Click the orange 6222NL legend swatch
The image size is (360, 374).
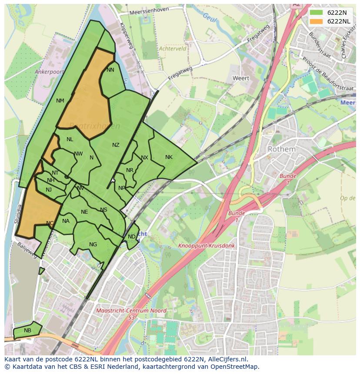pyautogui.click(x=316, y=21)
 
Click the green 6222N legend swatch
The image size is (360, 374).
pyautogui.click(x=316, y=13)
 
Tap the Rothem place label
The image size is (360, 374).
pyautogui.click(x=281, y=149)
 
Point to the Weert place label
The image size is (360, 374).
pyautogui.click(x=241, y=79)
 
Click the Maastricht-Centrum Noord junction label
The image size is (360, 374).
pyautogui.click(x=130, y=314)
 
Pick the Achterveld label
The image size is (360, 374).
pyautogui.click(x=173, y=49)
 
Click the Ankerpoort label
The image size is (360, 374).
pyautogui.click(x=49, y=72)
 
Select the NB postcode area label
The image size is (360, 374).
pyautogui.click(x=27, y=331)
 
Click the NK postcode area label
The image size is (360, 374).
pyautogui.click(x=169, y=157)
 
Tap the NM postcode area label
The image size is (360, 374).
pyautogui.click(x=60, y=101)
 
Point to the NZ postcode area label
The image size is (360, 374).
pyautogui.click(x=116, y=145)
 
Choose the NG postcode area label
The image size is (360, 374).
pyautogui.click(x=93, y=245)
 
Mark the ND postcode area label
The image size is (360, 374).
pyautogui.click(x=131, y=237)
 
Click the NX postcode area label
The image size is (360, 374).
pyautogui.click(x=144, y=158)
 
